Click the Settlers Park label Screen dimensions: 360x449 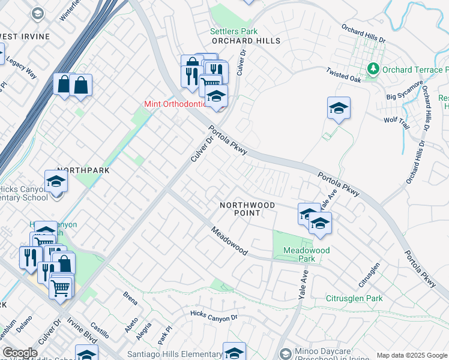[x=234, y=31]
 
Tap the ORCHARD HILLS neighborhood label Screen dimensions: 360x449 [x=246, y=41]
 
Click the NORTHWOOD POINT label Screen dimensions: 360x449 [x=247, y=209]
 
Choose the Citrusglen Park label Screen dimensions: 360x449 [x=354, y=298]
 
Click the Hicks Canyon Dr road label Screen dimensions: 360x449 [x=210, y=316]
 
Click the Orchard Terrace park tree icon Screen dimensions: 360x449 [x=373, y=70]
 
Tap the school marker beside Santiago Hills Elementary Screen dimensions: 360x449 [x=234, y=352]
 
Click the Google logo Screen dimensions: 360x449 [x=20, y=353]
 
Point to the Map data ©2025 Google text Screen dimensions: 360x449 [x=411, y=355]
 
